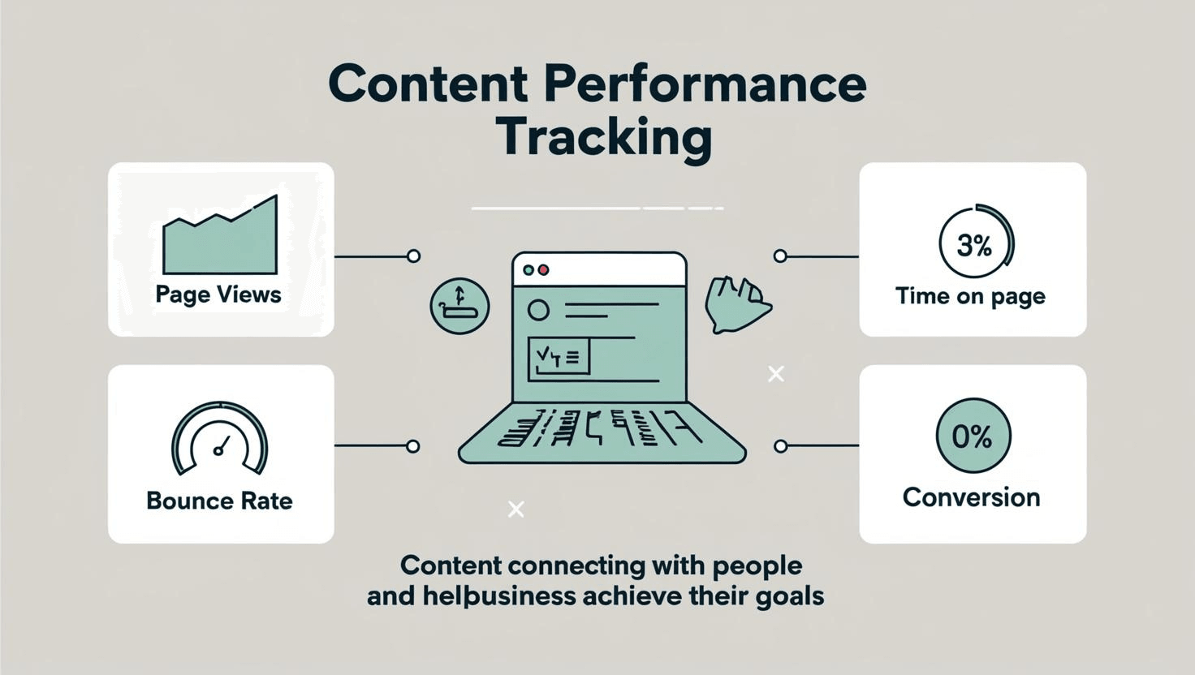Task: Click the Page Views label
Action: pyautogui.click(x=218, y=295)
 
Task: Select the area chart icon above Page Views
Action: pyautogui.click(x=220, y=237)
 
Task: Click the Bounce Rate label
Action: pyautogui.click(x=219, y=501)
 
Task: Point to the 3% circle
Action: pyautogui.click(x=975, y=243)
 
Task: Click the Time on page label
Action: pyautogui.click(x=970, y=296)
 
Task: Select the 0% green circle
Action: pyautogui.click(x=973, y=436)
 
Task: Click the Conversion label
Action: pyautogui.click(x=971, y=497)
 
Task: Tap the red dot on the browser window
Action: pyautogui.click(x=544, y=270)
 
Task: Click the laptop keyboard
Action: pyautogui.click(x=601, y=430)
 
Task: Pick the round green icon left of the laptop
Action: pyautogui.click(x=459, y=306)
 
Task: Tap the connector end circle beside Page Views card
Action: pyautogui.click(x=413, y=256)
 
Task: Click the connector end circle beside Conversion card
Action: pyautogui.click(x=780, y=446)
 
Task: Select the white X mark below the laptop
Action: pyautogui.click(x=516, y=509)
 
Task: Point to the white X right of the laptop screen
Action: pyautogui.click(x=776, y=374)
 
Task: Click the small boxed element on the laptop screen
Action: pyautogui.click(x=559, y=358)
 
